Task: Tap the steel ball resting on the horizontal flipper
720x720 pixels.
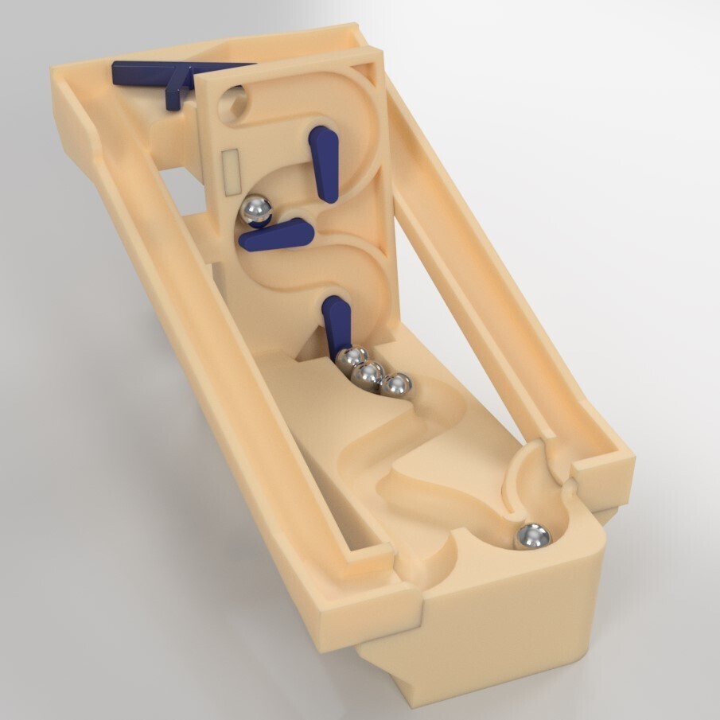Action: click(256, 210)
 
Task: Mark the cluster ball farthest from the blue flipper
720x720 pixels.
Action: click(396, 387)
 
